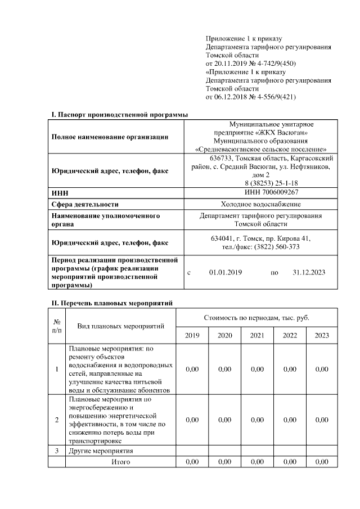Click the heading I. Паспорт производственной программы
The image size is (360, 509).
point(120,115)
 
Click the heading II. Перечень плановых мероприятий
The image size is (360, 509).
point(112,303)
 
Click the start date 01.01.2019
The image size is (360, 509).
point(225,272)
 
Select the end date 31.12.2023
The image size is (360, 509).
point(309,272)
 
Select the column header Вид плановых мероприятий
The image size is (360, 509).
point(120,326)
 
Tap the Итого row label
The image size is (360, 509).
point(120,462)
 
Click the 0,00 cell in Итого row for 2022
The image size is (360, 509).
point(290,462)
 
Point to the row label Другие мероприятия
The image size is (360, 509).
point(101,451)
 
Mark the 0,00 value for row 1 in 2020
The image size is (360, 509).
point(224,369)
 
